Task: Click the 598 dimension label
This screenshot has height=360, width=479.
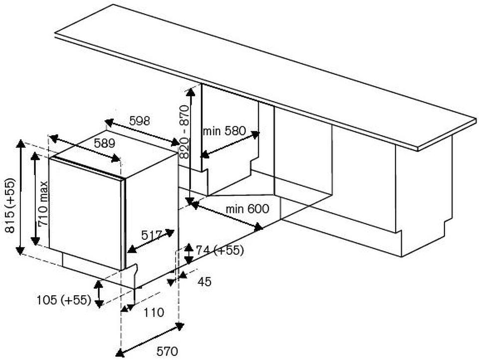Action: tap(140, 121)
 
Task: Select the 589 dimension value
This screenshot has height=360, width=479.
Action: tap(105, 143)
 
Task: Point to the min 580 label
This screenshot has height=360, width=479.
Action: tap(224, 131)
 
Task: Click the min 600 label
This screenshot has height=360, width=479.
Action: tap(247, 208)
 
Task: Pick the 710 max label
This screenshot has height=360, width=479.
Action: tap(44, 204)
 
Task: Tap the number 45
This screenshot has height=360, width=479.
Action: tap(205, 282)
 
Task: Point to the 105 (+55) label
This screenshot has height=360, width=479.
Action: tap(63, 300)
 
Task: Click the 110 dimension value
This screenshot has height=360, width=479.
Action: tap(154, 313)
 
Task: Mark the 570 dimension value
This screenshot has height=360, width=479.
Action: tap(167, 352)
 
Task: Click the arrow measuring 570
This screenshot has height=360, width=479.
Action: tap(150, 340)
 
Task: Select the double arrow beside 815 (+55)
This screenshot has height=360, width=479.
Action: tap(20, 197)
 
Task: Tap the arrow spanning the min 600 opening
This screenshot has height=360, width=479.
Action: tap(227, 215)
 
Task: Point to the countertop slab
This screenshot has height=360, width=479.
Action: tap(264, 75)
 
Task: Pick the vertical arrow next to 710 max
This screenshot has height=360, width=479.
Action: tap(35, 198)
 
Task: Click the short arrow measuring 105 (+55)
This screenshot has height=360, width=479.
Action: tap(99, 293)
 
